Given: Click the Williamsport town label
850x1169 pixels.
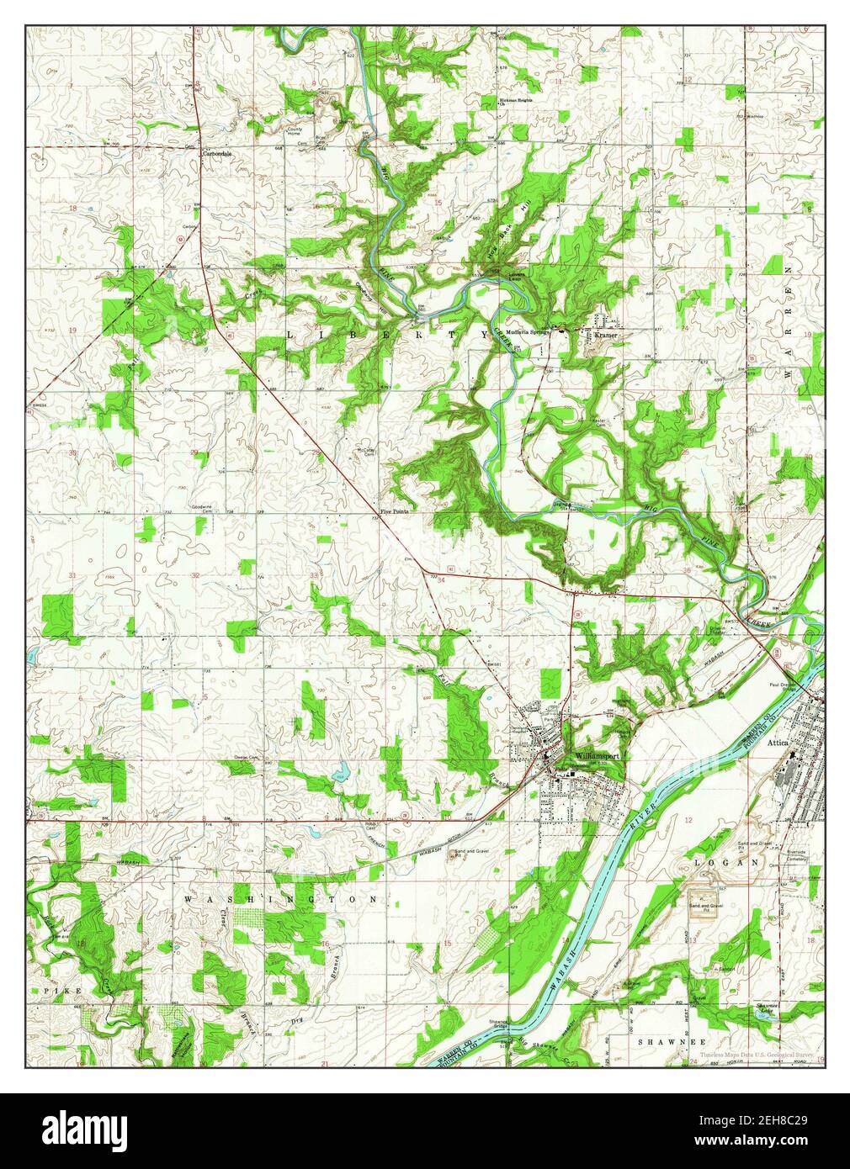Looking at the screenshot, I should tap(598, 756).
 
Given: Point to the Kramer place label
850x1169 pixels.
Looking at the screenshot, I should tap(605, 335).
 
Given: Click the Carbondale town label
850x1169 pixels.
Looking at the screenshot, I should tap(215, 155).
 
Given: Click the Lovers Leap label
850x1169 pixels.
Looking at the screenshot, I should tap(515, 275).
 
